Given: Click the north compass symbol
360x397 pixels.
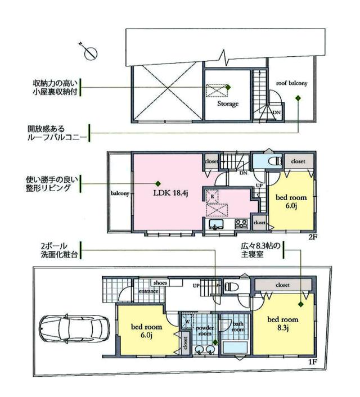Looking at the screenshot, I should point(89,51).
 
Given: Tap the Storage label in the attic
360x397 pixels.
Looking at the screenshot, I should point(227,104).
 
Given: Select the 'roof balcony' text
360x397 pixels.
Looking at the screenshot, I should point(291,84).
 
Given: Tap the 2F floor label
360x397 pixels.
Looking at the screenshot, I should point(312,237).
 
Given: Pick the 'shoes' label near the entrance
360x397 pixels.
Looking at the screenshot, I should point(160,283).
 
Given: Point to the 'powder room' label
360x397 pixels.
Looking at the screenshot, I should point(205,330).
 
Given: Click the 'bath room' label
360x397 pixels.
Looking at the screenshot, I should point(238,326).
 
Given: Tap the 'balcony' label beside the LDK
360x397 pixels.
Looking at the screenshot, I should point(120,193).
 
